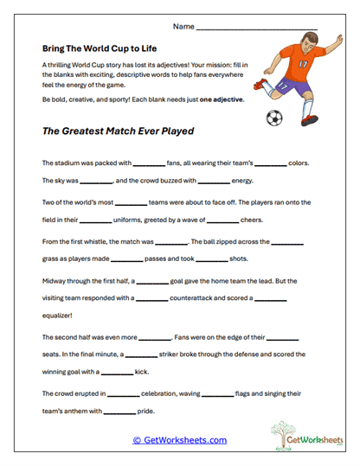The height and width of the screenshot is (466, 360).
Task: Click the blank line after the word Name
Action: tap(257, 29)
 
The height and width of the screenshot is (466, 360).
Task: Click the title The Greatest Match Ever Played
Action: tap(118, 132)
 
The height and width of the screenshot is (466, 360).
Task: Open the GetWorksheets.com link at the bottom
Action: tap(179, 439)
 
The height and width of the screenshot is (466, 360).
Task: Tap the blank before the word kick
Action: tap(117, 373)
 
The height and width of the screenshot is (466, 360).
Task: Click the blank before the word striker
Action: tap(141, 354)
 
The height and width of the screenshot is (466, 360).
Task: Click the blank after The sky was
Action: tap(96, 182)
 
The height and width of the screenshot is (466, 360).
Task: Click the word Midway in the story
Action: tap(56, 281)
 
